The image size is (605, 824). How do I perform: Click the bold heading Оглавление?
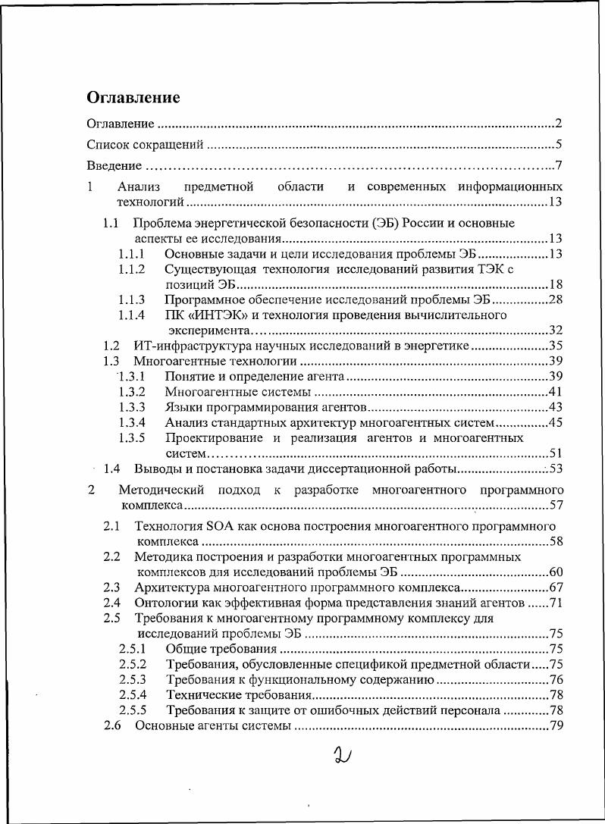pos(133,98)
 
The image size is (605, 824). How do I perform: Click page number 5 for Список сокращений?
pos(558,145)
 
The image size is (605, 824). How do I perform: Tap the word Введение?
pos(114,166)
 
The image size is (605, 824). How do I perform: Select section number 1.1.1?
pos(132,253)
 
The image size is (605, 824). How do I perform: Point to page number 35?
pos(554,346)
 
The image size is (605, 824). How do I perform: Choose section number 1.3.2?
pos(132,392)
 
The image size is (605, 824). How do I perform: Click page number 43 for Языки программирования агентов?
pos(554,407)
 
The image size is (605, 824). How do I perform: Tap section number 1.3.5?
pos(132,438)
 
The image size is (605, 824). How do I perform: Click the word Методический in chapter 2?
pos(162,490)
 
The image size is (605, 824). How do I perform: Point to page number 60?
pos(556,572)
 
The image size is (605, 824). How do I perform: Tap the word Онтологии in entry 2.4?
pos(165,603)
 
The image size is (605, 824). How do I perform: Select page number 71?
pos(556,603)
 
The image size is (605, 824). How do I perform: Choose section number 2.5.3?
pos(133,680)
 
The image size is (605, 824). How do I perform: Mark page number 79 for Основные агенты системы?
pos(556,726)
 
